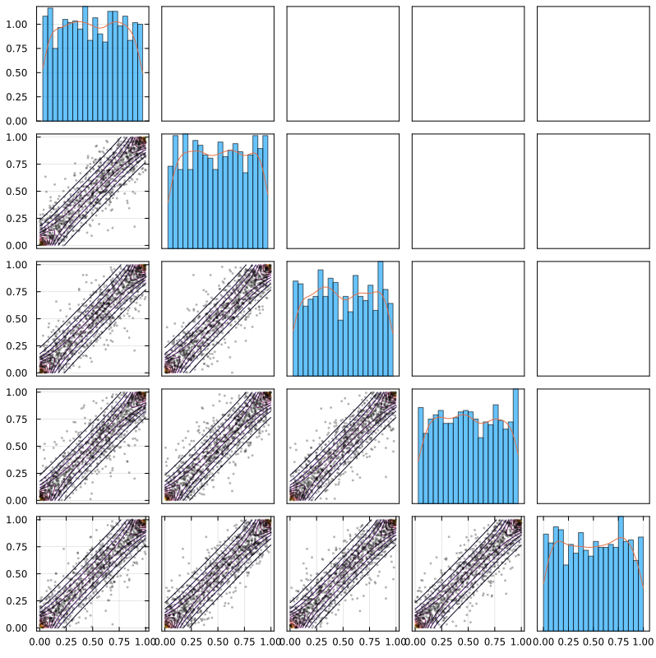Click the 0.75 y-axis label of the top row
[16, 49]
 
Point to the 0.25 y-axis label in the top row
[16, 97]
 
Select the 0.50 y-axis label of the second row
[16, 192]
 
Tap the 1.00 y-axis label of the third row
[16, 265]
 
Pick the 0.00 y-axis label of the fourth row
[16, 501]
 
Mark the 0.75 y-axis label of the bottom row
[16, 547]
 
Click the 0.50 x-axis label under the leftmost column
[92, 642]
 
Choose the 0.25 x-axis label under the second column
[192, 642]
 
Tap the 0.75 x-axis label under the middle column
[370, 642]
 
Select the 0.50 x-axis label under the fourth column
[468, 642]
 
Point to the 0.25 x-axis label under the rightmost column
[567, 642]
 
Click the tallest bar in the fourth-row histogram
[515, 446]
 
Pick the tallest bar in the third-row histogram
[381, 318]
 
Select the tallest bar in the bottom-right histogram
[621, 573]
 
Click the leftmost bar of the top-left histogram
[45, 68]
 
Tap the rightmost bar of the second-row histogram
[265, 192]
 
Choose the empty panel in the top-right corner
[593, 64]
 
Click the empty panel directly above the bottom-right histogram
[593, 446]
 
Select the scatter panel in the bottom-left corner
[93, 573]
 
